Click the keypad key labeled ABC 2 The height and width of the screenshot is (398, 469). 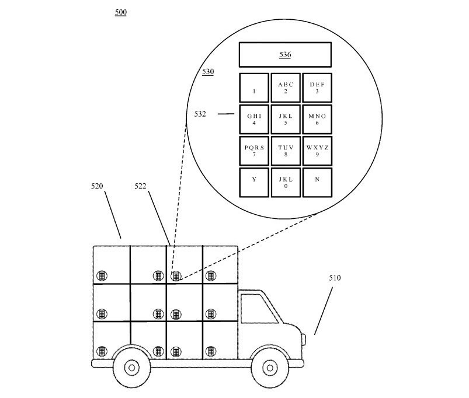point(286,88)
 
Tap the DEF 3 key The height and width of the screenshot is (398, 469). point(317,88)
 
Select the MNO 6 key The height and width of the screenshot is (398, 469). point(317,119)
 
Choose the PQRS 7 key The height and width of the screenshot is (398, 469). point(254,151)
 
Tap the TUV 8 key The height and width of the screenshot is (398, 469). point(286,151)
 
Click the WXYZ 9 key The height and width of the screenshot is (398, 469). point(317,151)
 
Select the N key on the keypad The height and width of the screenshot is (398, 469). point(317,183)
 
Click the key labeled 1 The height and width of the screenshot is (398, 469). point(254,88)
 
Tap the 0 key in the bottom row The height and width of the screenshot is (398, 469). point(286,183)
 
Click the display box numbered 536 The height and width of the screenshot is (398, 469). point(285,55)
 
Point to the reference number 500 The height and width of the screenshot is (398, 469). point(121,12)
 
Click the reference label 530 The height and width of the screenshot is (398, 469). point(208,72)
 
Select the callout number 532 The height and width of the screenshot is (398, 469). point(200,114)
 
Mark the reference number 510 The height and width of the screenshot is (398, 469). point(335,278)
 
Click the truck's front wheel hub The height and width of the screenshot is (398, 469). point(270,368)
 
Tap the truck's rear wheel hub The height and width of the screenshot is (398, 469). point(131,368)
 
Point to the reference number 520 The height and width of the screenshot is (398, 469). point(97,186)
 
